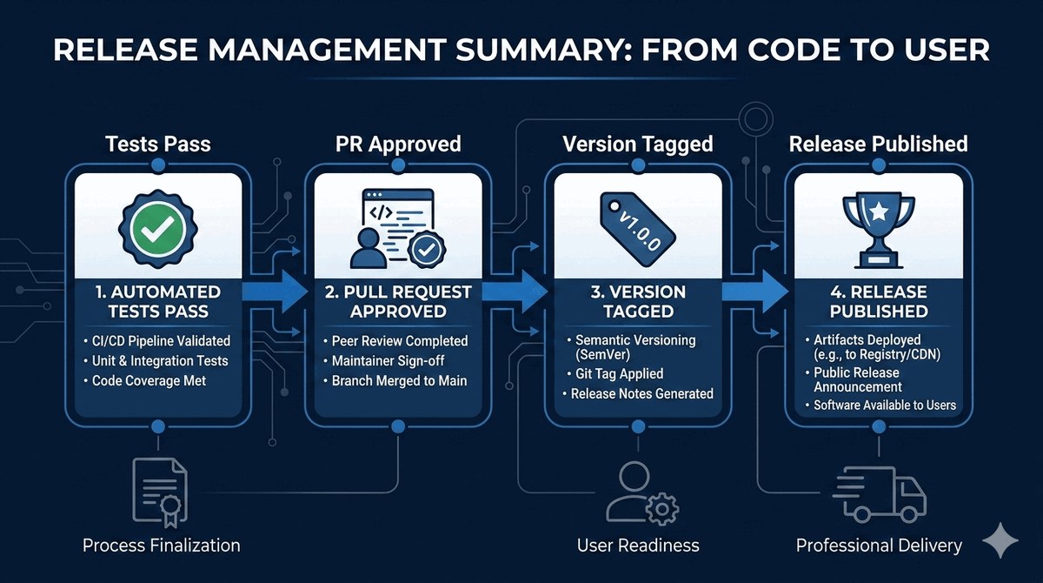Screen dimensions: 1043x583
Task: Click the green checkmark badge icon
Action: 158,229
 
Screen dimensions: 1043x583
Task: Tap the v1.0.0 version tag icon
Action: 637,229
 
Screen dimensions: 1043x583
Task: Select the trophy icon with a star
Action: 878,231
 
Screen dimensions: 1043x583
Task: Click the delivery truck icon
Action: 879,494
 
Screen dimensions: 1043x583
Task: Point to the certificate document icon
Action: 160,493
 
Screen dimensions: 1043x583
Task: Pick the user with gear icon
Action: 642,493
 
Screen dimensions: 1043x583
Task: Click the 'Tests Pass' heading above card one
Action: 158,144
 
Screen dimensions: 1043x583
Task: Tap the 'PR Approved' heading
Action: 398,144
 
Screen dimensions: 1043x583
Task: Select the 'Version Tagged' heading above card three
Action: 638,144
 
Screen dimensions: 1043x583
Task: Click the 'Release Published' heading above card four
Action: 878,144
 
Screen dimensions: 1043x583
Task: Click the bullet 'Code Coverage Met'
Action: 149,381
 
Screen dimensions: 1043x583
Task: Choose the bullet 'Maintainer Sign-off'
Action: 388,361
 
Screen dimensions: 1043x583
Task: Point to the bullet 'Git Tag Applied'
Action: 619,374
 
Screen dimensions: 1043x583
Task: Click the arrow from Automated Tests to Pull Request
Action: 275,292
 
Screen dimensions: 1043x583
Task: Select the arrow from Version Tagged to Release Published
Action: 754,292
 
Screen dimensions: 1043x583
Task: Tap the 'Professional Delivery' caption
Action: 879,546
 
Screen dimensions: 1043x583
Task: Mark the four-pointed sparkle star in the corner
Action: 1000,540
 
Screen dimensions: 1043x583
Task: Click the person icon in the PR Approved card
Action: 369,248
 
